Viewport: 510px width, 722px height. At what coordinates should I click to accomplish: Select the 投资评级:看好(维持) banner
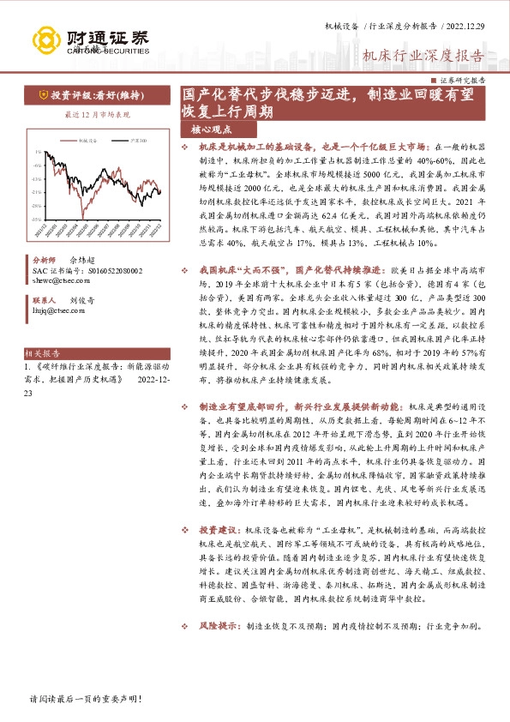[x=95, y=96]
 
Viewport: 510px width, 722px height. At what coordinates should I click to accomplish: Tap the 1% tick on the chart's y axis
[x=37, y=152]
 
